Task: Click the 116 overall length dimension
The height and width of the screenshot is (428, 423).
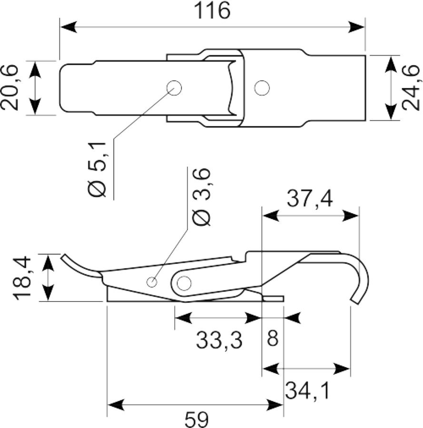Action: coord(212,11)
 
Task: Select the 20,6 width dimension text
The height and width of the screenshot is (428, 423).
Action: coord(10,88)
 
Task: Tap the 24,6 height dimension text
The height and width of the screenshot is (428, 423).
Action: coord(411,88)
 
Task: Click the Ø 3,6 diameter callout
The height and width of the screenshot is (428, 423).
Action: coord(202,197)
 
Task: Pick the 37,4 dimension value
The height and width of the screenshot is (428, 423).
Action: coord(310,199)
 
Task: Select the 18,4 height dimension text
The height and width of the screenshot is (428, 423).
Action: coord(23,278)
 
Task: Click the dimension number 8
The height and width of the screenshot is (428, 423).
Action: coord(273,338)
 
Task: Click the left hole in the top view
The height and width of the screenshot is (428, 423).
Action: coord(174,88)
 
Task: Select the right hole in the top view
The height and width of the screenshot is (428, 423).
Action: coord(262,88)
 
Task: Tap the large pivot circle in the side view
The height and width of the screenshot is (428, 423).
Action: coord(184,283)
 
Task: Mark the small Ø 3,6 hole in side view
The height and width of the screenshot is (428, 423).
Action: coord(152,282)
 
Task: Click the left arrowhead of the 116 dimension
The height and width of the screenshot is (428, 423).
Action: coord(68,27)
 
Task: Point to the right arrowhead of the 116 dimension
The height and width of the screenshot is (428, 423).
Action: coord(356,27)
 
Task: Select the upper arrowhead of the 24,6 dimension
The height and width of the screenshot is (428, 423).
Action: coord(391,64)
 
